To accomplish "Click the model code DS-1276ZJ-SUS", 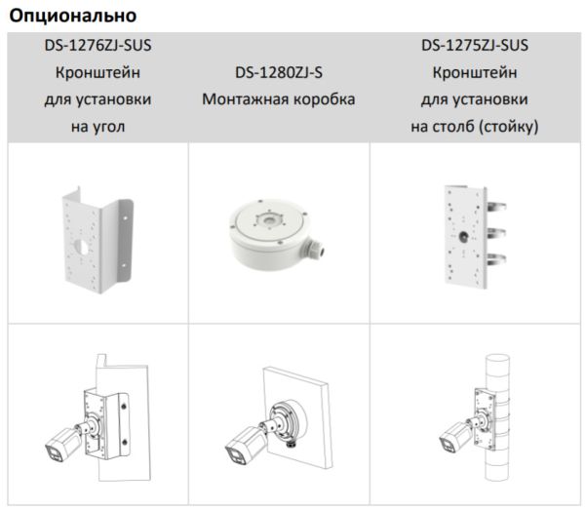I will coord(97,46).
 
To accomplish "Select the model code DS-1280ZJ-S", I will coord(279,73).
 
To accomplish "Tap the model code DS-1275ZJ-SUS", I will coord(475,46).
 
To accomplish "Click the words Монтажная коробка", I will coord(279,99).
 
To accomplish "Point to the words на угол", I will coord(97,127).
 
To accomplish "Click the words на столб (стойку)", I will coord(475,127).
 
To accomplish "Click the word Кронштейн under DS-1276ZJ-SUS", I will coord(97,73).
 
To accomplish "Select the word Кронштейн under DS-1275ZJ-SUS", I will coord(475,73).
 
